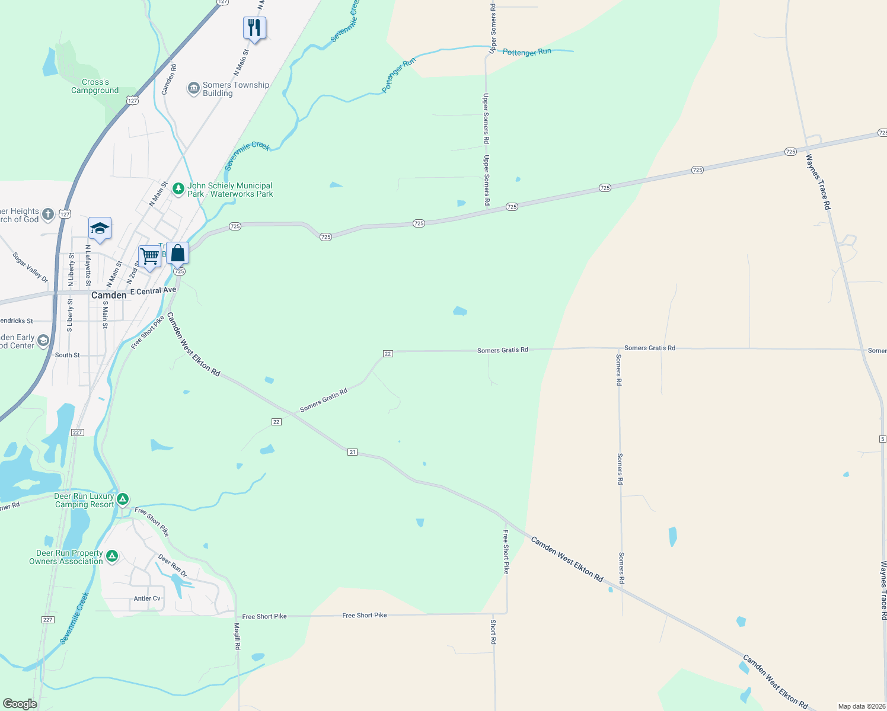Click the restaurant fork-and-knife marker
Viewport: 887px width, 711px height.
pos(254,27)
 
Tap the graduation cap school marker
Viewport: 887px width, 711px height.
pos(100,228)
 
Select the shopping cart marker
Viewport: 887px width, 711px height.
pos(150,257)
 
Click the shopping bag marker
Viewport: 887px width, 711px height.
pos(177,254)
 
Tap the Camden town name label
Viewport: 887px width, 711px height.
pos(109,295)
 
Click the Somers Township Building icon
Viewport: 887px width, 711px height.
pos(193,89)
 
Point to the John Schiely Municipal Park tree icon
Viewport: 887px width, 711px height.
pos(178,189)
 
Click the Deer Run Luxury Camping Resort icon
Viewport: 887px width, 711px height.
pos(123,499)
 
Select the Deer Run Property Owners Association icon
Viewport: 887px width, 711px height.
pos(111,556)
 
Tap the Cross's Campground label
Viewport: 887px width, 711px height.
pos(95,87)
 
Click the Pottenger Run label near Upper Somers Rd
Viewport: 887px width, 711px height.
pos(527,52)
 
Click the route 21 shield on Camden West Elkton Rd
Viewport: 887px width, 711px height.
pos(352,452)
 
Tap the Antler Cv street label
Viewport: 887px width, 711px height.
pos(146,598)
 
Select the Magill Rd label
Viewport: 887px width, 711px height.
pos(237,636)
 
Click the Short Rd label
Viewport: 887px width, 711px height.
pos(493,632)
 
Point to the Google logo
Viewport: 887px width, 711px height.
pos(20,703)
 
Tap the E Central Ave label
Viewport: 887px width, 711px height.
pos(153,291)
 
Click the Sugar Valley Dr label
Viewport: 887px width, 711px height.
pos(30,267)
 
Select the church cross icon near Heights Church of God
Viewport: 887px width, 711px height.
pos(48,214)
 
